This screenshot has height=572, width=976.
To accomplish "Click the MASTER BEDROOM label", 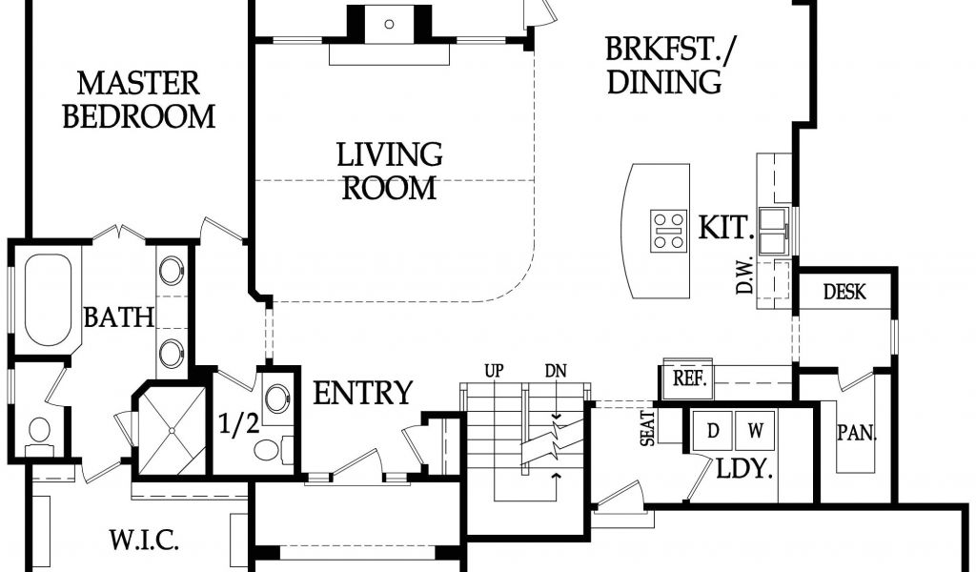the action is [139, 100].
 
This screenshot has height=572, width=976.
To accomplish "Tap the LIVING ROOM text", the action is [390, 172].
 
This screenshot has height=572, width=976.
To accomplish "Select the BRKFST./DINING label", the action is [668, 66].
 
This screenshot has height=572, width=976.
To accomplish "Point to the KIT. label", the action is [725, 228].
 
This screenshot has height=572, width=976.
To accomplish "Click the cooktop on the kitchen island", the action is [668, 231].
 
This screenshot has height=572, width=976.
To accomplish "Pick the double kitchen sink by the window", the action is [772, 231].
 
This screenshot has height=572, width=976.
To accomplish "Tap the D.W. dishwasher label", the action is [745, 276].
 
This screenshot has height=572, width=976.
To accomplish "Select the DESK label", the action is [844, 292].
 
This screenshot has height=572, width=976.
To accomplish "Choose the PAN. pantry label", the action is [857, 433].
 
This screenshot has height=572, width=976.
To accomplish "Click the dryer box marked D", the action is [713, 431].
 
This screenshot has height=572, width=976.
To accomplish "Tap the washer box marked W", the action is [755, 431].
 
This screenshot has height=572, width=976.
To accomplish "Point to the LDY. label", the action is [744, 469].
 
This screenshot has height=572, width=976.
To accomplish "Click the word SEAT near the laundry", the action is [648, 428].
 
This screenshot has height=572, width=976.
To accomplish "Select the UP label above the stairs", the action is [495, 372].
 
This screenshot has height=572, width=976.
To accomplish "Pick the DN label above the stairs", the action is [556, 372].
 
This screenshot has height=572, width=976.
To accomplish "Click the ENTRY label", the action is [362, 393].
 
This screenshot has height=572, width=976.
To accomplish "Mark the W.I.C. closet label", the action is [145, 540].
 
